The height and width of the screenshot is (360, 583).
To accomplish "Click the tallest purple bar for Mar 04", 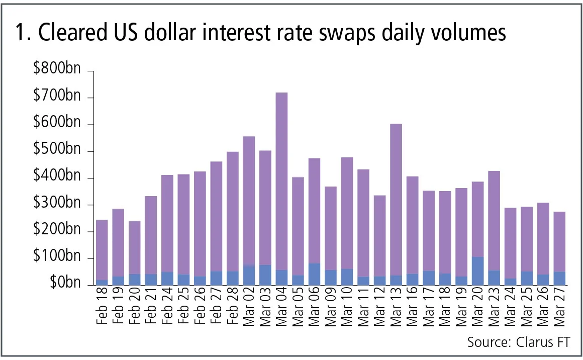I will coord(281,181).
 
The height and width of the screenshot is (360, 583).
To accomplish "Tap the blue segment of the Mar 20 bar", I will coord(477,271).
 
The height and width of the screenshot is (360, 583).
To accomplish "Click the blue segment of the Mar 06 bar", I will coord(314,274).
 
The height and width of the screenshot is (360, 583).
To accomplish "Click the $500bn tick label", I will coord(57,151).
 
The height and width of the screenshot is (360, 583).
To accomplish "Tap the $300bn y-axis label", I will coord(57,205).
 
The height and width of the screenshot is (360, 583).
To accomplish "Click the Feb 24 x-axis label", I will coord(167,308).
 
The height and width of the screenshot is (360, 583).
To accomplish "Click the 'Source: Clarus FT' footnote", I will coord(519,342).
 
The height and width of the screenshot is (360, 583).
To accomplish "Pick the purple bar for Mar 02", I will coord(249,201).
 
